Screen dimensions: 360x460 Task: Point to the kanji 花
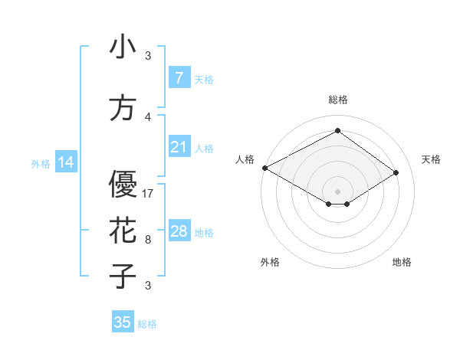(123, 231)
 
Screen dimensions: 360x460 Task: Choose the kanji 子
(123, 276)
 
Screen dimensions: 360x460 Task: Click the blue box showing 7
(179, 78)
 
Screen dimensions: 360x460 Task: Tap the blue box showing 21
(179, 147)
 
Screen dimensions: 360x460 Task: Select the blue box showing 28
(179, 231)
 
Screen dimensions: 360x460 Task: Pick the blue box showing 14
(64, 162)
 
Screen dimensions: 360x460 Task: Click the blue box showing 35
(123, 322)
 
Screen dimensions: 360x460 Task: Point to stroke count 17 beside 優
(148, 194)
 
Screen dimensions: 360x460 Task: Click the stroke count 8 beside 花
(148, 240)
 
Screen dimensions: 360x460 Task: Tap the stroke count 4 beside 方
(148, 117)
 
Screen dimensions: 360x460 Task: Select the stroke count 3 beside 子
(148, 286)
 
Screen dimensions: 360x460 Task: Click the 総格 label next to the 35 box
(147, 324)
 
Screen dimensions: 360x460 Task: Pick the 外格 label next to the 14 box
(41, 164)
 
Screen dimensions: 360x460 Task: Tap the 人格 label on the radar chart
(245, 159)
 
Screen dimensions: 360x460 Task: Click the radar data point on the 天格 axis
(396, 173)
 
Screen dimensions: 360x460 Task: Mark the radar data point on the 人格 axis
(264, 168)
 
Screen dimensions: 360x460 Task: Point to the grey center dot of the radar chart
(337, 191)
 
